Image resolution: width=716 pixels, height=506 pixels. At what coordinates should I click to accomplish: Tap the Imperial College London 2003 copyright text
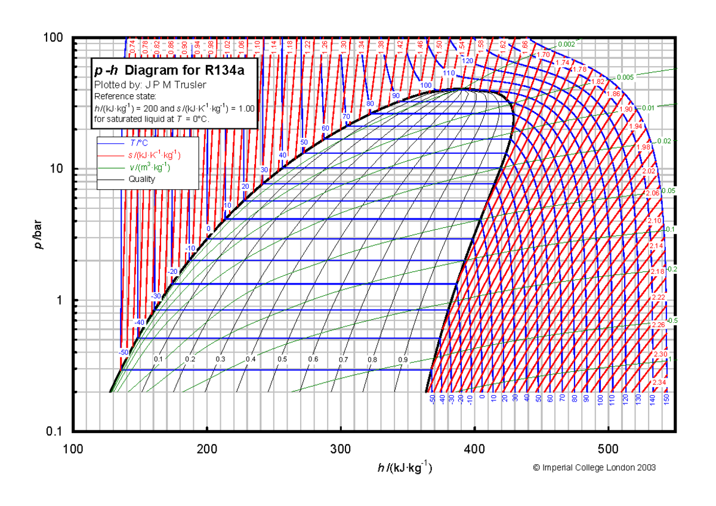[594, 468]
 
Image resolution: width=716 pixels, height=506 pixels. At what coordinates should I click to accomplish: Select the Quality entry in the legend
[141, 179]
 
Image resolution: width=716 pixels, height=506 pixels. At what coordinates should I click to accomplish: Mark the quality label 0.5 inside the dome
[282, 359]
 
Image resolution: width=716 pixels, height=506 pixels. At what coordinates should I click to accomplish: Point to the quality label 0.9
[403, 360]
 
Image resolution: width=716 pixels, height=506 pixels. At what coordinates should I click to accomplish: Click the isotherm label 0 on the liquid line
[208, 229]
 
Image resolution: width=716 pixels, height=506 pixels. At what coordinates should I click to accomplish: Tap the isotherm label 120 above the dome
[467, 61]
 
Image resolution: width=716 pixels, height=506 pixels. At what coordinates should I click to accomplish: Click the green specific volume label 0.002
[567, 44]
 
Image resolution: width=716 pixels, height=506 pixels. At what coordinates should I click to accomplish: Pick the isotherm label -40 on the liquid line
[140, 322]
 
